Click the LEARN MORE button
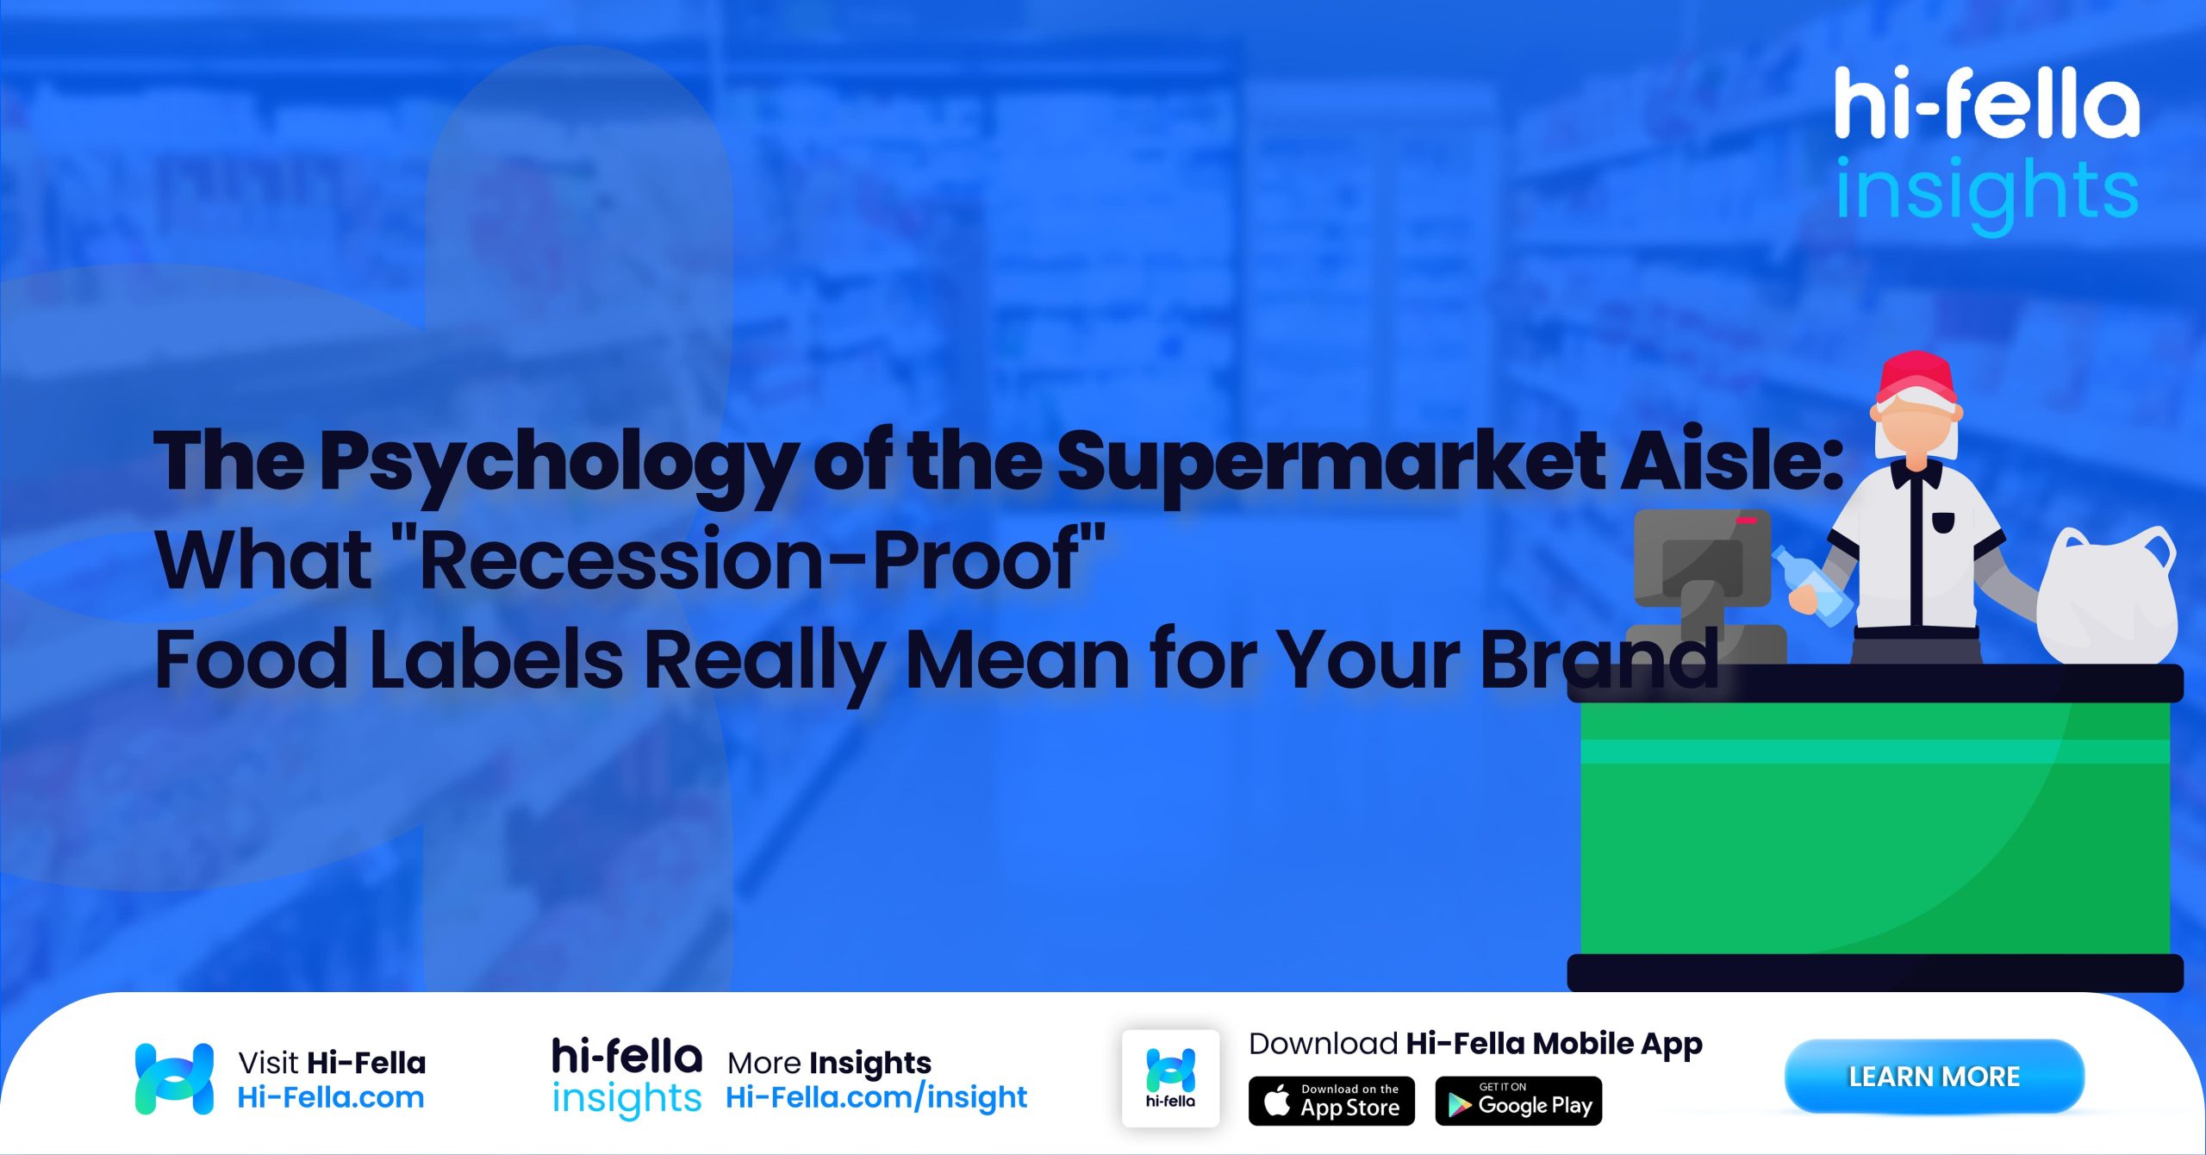pyautogui.click(x=1934, y=1076)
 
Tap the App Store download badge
pyautogui.click(x=1331, y=1101)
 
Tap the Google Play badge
pyautogui.click(x=1518, y=1101)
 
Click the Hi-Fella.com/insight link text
pyautogui.click(x=876, y=1097)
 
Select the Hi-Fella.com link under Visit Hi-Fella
pyautogui.click(x=331, y=1097)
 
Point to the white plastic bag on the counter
pyautogui.click(x=2107, y=599)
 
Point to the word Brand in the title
pyautogui.click(x=1599, y=659)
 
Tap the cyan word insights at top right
pyautogui.click(x=1986, y=191)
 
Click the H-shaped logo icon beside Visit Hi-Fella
pyautogui.click(x=174, y=1078)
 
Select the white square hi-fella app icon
pyautogui.click(x=1170, y=1077)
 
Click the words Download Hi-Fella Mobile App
pyautogui.click(x=1475, y=1044)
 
